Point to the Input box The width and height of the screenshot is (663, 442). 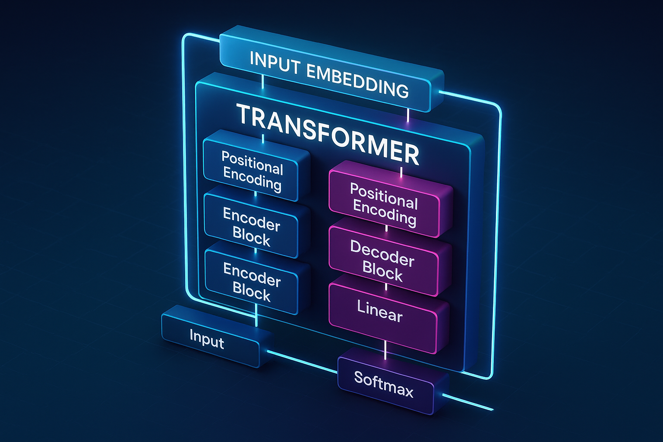[207, 339]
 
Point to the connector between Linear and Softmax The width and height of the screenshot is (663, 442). [385, 350]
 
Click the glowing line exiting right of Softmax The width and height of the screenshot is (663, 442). [468, 402]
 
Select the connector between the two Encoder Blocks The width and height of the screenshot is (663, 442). [256, 250]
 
